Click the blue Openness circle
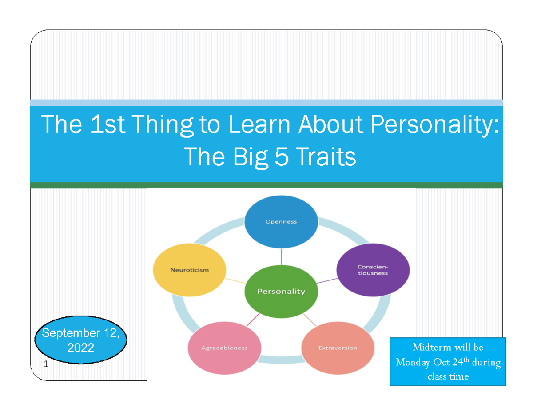281,221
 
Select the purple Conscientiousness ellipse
373,270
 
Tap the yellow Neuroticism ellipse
189,270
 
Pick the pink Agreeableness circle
224,348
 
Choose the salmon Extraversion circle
338,348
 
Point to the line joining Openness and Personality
281,256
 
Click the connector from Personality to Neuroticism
235,281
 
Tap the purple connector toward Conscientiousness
326,281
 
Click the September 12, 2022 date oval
81,340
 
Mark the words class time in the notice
447,376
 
